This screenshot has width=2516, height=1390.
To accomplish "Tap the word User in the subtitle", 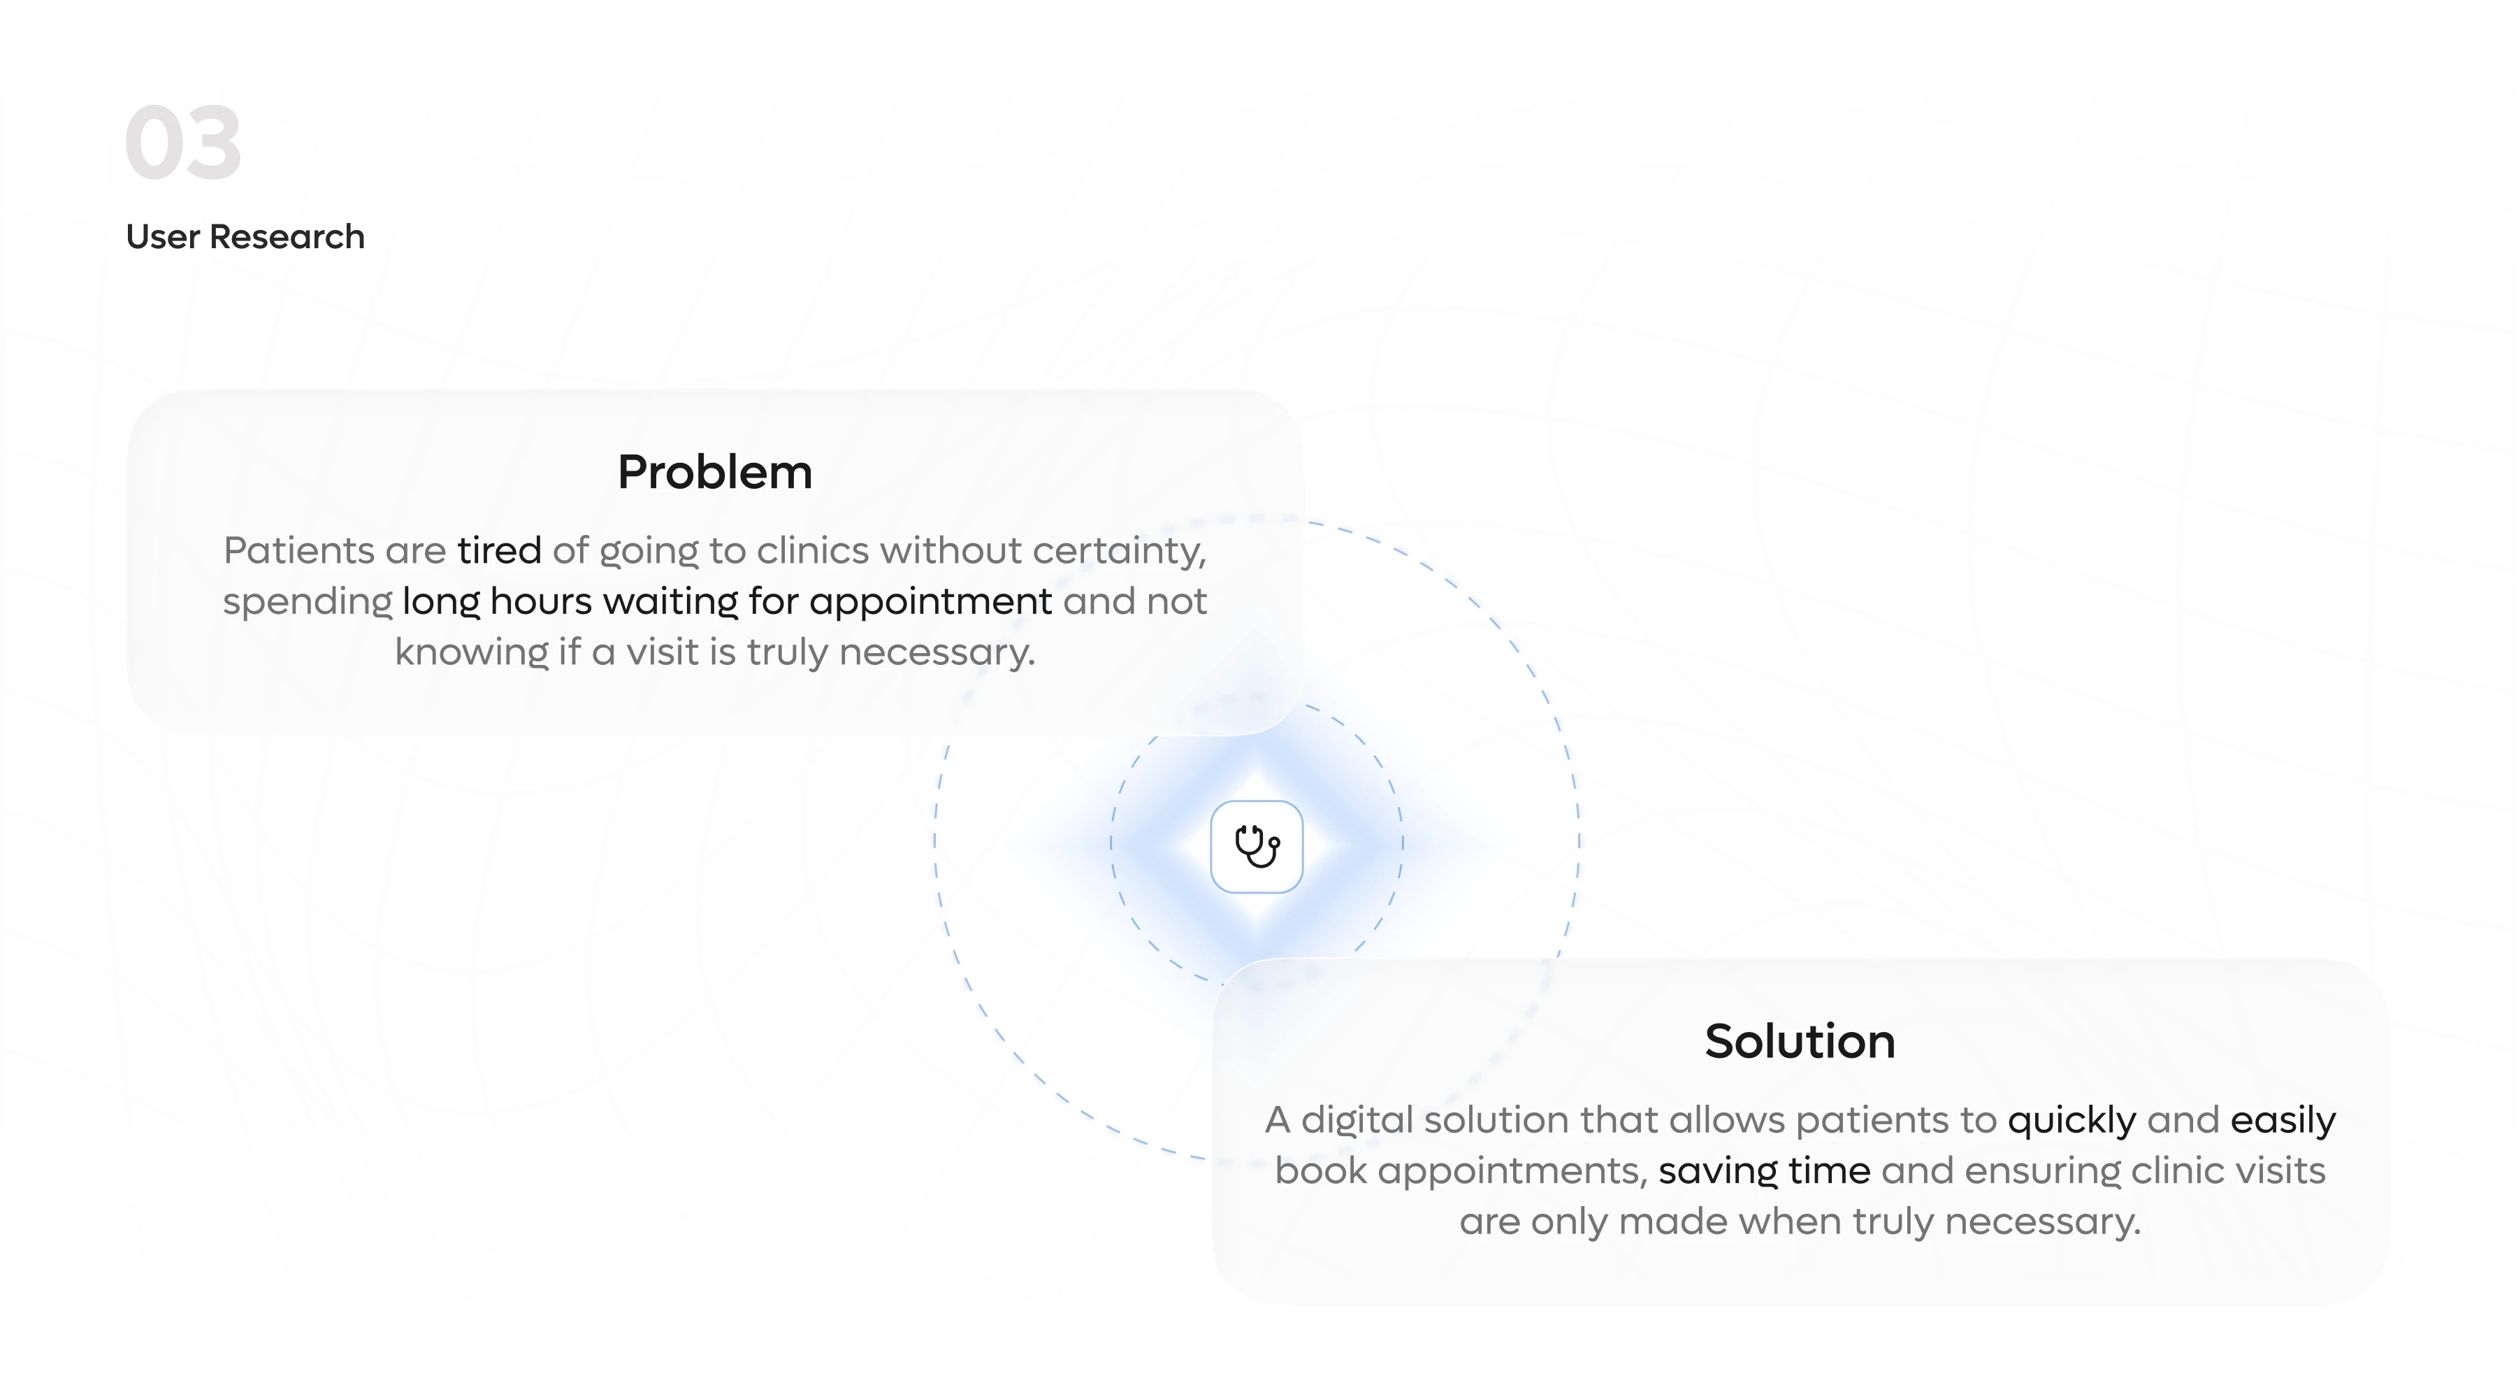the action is coord(162,237).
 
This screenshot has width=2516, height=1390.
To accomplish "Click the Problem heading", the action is coord(714,473).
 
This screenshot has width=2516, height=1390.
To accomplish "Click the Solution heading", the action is coord(1799,1041).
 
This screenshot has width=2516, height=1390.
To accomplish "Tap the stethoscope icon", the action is coord(1256,847).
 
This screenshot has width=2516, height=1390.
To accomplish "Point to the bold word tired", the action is coord(499,551).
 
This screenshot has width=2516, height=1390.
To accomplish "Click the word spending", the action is coord(307,603).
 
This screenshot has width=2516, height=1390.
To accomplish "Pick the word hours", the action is coord(540,602).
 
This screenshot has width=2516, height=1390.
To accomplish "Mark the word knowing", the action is coord(471,652).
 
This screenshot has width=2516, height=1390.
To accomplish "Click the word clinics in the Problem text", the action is coord(813,551).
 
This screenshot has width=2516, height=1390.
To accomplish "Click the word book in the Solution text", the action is coord(1320,1171).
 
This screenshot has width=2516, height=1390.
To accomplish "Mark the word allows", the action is coord(1727,1120).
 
